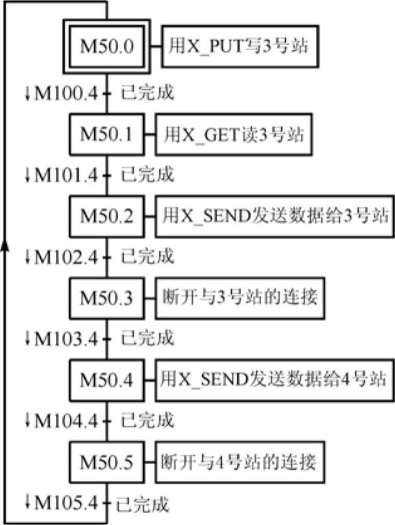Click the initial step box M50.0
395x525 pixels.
point(107,46)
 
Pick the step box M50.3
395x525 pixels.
point(107,298)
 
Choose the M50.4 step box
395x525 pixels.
point(107,380)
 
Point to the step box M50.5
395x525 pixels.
point(107,463)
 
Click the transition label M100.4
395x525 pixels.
point(65,94)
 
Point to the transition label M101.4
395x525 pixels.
point(65,175)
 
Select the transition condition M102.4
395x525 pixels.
point(65,257)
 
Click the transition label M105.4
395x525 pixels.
point(65,503)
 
